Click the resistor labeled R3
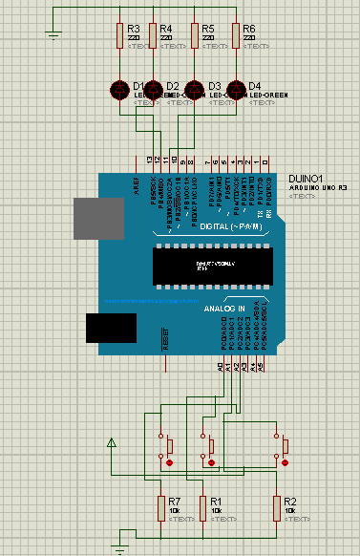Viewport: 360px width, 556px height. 119,36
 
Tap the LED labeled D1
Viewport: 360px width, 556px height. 119,90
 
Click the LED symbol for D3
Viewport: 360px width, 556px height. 196,90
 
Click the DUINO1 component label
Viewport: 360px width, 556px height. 306,178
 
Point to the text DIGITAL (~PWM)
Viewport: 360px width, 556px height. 234,225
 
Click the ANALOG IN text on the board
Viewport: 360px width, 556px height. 224,309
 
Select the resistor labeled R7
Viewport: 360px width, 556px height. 159,507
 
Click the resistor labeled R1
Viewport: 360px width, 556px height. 201,507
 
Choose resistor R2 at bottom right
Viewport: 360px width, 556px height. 276,507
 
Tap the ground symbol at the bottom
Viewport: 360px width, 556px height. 117,547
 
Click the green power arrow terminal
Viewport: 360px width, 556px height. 112,442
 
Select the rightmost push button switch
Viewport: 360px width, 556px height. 283,446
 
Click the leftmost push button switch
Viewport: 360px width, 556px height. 167,446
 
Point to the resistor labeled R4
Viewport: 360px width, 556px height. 152,36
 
